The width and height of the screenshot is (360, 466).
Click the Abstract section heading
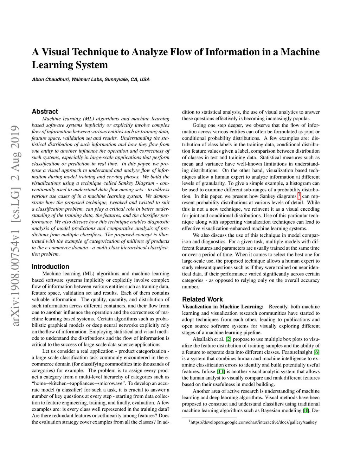tap(45, 111)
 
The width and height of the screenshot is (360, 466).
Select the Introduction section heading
tap(50, 267)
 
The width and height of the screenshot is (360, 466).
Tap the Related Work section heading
tap(202, 299)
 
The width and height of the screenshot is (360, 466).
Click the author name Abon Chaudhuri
tap(51, 79)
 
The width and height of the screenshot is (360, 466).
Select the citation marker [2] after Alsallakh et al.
tap(229, 339)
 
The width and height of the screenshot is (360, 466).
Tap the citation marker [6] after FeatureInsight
tap(316, 352)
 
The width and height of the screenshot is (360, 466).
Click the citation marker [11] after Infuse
tap(221, 371)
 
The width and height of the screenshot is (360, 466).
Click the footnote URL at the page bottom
tap(253, 422)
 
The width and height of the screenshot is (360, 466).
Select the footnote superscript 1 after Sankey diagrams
tap(299, 195)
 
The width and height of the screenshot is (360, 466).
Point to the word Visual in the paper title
tap(56, 52)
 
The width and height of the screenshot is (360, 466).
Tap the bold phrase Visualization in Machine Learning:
tap(223, 307)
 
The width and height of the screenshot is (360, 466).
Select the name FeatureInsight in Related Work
tap(295, 352)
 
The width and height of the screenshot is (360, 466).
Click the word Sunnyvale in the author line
tap(117, 79)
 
